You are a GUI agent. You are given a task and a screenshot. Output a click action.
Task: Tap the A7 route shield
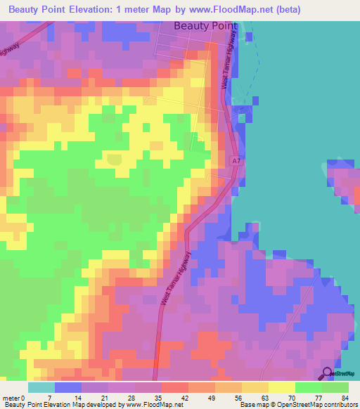click(237, 162)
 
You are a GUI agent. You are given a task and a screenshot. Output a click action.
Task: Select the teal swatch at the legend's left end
click(41, 387)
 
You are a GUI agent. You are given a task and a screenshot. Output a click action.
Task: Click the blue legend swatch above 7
click(67, 387)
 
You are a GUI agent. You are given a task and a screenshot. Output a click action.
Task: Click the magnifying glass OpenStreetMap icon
click(327, 375)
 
